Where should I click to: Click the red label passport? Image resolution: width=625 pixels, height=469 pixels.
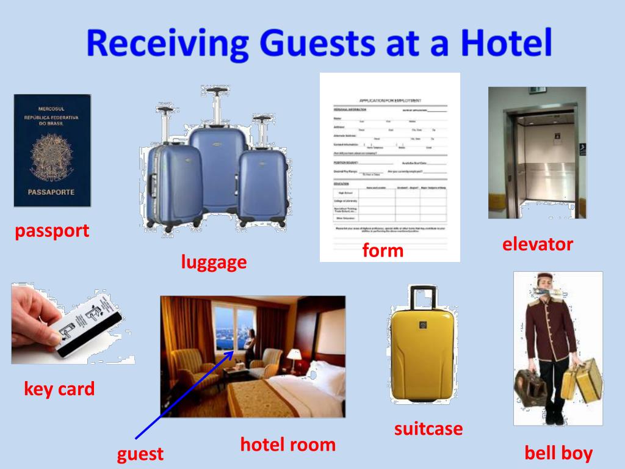pyautogui.click(x=52, y=231)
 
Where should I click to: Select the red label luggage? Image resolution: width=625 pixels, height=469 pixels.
pyautogui.click(x=214, y=262)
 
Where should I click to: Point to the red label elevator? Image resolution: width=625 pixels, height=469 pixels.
pyautogui.click(x=538, y=244)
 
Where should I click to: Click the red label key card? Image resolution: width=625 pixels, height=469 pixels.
pyautogui.click(x=59, y=388)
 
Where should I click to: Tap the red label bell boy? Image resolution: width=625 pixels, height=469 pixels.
pyautogui.click(x=558, y=453)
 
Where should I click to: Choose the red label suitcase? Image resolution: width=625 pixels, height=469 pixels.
pyautogui.click(x=428, y=429)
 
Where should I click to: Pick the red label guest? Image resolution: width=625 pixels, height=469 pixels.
pyautogui.click(x=140, y=454)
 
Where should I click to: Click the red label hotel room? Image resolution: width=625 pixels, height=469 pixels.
pyautogui.click(x=287, y=444)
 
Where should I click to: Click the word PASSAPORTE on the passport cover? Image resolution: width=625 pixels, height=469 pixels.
pyautogui.click(x=52, y=192)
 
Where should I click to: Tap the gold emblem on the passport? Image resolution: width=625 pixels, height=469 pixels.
pyautogui.click(x=51, y=155)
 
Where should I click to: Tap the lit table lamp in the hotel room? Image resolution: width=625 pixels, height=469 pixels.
pyautogui.click(x=294, y=354)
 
